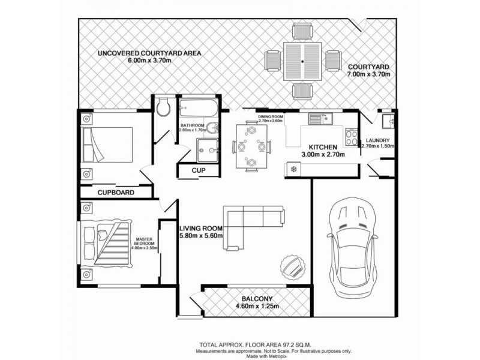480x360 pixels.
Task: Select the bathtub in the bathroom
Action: pos(199,109)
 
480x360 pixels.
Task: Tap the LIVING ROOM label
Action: pos(201,229)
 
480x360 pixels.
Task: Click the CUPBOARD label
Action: pos(116,193)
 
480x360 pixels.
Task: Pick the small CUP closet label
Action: pos(199,170)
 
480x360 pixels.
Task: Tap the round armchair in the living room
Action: pos(294,265)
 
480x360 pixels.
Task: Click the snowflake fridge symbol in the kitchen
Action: pos(293,169)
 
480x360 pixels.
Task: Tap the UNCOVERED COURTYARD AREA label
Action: pos(149,53)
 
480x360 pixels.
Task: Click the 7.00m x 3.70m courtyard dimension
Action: pos(370,74)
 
